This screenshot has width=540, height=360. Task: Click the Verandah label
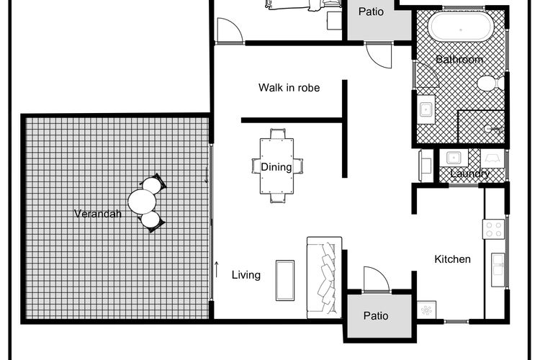pyautogui.click(x=98, y=214)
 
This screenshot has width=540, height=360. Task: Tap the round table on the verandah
pyautogui.click(x=142, y=202)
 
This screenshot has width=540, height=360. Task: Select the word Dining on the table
pyautogui.click(x=276, y=167)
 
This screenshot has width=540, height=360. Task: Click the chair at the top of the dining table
pyautogui.click(x=278, y=134)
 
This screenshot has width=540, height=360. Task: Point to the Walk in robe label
pyautogui.click(x=289, y=88)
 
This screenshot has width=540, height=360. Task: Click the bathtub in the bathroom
pyautogui.click(x=461, y=27)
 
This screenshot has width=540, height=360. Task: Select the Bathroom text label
pyautogui.click(x=459, y=59)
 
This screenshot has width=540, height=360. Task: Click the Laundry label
pyautogui.click(x=469, y=174)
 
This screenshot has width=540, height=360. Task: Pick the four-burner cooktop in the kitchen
pyautogui.click(x=493, y=229)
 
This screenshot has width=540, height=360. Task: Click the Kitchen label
pyautogui.click(x=453, y=259)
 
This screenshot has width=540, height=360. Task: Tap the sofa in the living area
pyautogui.click(x=325, y=277)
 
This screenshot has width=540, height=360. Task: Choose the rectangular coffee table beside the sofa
pyautogui.click(x=285, y=280)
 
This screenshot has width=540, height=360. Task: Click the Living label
pyautogui.click(x=246, y=275)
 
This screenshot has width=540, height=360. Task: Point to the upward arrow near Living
pyautogui.click(x=217, y=269)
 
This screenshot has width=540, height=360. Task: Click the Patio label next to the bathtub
pyautogui.click(x=371, y=12)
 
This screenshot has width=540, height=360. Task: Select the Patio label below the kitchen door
pyautogui.click(x=376, y=315)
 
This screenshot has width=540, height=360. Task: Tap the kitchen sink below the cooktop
pyautogui.click(x=498, y=269)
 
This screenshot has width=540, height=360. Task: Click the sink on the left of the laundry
pyautogui.click(x=454, y=158)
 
